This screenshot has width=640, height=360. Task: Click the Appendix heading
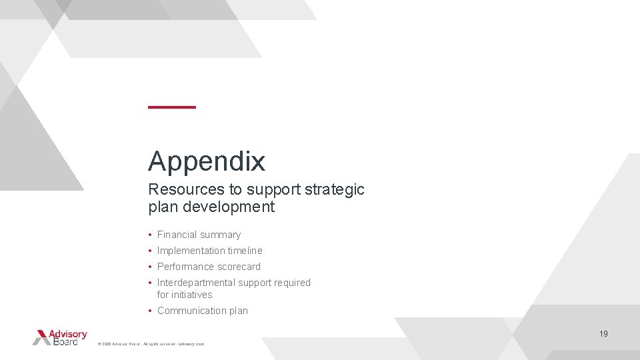[207, 161]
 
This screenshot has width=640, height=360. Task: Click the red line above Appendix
[172, 107]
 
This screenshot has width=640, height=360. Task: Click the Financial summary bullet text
[199, 235]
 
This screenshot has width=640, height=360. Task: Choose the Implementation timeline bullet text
[209, 251]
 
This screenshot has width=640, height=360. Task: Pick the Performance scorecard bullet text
[209, 267]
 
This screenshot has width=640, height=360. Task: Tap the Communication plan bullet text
[202, 311]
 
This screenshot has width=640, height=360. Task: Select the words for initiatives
[185, 295]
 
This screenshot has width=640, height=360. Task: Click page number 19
[603, 334]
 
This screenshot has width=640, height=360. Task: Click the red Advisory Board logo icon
[42, 337]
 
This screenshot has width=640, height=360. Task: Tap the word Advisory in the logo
[70, 333]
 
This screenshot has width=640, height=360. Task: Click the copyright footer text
[151, 344]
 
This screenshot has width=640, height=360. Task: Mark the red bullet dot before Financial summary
[151, 235]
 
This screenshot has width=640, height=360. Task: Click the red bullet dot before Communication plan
[151, 311]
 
